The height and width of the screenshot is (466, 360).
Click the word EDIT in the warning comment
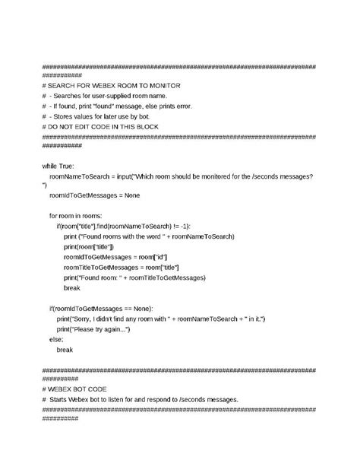97,128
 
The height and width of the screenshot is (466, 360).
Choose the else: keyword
57,339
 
